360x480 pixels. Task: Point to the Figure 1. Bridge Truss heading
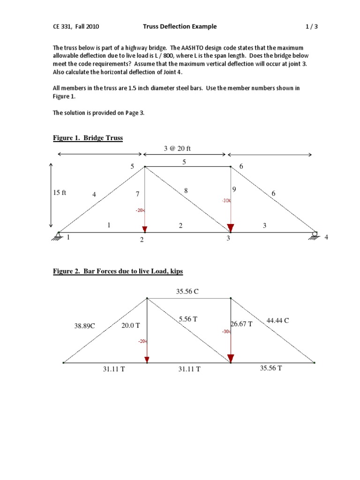click(x=88, y=138)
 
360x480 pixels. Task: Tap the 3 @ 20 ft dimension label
click(x=184, y=148)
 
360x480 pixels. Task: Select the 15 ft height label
click(x=60, y=193)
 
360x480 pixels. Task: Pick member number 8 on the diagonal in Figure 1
click(x=186, y=191)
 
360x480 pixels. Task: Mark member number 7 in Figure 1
click(x=137, y=194)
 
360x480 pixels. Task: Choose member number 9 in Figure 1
click(x=234, y=189)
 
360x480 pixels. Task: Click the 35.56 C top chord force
click(x=187, y=292)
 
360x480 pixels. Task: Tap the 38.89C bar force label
click(x=84, y=326)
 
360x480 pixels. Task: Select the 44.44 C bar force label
click(x=277, y=321)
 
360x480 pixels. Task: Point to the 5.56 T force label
click(x=188, y=319)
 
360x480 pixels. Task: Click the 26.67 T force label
click(x=241, y=324)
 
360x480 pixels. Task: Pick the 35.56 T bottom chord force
click(x=271, y=368)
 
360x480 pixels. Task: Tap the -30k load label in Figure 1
click(x=226, y=200)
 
